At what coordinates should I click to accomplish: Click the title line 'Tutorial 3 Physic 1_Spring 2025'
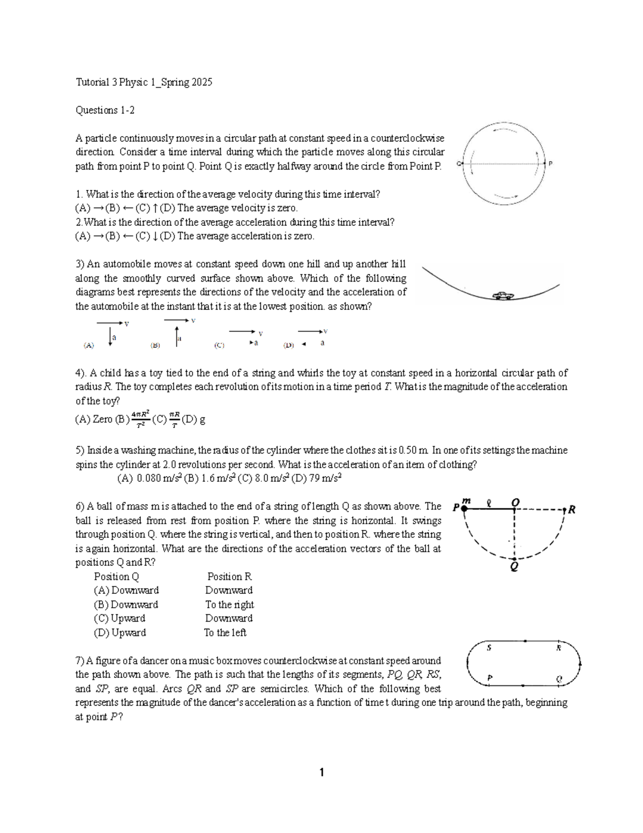[144, 82]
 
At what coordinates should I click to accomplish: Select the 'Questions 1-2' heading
[105, 110]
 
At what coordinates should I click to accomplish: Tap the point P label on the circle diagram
[550, 164]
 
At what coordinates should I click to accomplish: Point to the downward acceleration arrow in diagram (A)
[110, 337]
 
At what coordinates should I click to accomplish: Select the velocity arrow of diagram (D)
[310, 331]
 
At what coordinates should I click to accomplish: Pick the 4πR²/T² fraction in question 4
[140, 419]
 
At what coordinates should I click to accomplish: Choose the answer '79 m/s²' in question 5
[323, 478]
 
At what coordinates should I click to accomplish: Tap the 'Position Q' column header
[116, 577]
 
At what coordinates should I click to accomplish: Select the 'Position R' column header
[229, 577]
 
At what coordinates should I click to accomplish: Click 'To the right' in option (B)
[229, 605]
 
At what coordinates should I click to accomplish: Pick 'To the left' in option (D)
[225, 632]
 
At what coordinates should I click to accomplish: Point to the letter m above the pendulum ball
[466, 500]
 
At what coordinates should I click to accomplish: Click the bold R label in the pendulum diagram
[572, 510]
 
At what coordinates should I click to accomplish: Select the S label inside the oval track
[489, 648]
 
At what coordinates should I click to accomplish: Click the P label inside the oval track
[489, 679]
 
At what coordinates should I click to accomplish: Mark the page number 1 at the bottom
[322, 772]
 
